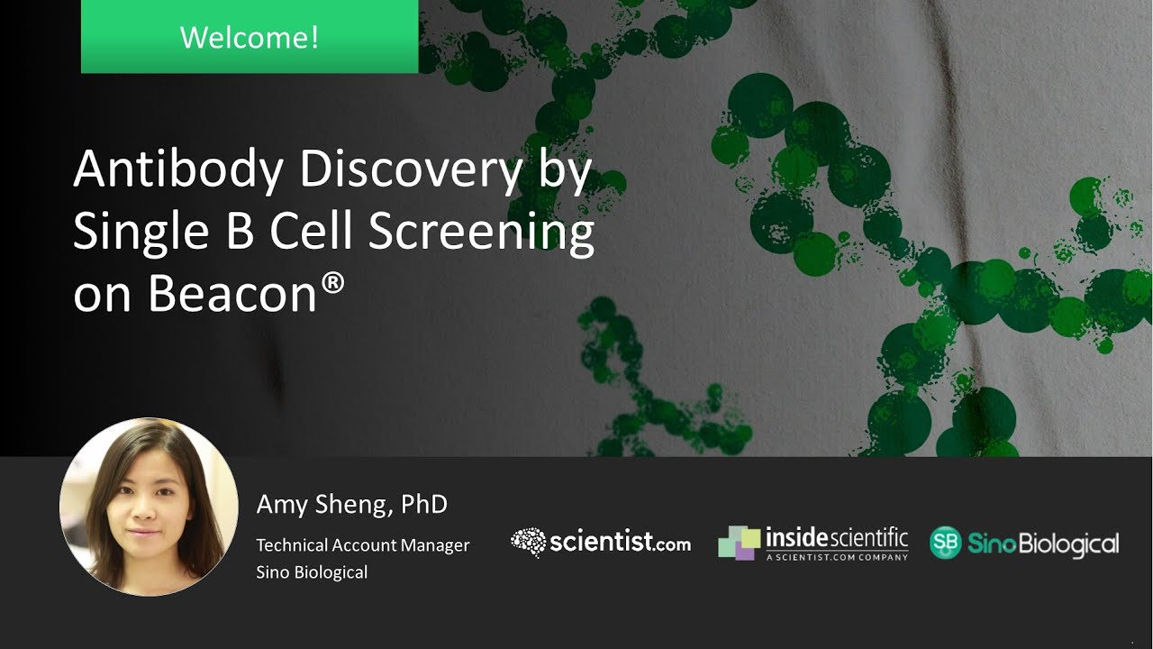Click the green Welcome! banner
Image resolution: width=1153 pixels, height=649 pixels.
click(x=250, y=37)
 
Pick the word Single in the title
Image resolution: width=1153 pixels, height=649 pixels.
click(x=133, y=233)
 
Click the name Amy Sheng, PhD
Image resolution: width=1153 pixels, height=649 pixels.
click(x=351, y=504)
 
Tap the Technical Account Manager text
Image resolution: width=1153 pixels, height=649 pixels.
click(x=362, y=544)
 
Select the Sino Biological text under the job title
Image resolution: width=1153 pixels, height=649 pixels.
click(x=312, y=571)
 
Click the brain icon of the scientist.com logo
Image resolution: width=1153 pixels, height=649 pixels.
click(x=529, y=542)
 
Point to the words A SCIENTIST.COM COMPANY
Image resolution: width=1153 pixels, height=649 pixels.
click(x=836, y=558)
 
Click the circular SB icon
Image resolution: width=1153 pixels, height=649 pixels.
click(x=946, y=543)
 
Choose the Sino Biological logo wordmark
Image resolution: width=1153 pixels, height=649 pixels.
click(x=1043, y=543)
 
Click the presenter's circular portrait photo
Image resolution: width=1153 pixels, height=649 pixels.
click(x=149, y=507)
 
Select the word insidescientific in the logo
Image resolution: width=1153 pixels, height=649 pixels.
click(x=836, y=538)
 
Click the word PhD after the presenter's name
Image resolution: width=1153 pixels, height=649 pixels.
click(x=423, y=504)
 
